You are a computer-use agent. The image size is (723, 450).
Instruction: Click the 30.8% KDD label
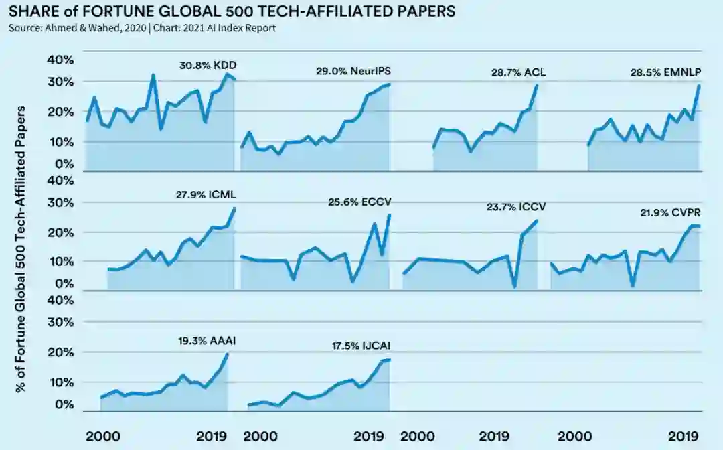coord(208,66)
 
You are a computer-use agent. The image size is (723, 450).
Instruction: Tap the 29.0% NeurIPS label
coord(353,71)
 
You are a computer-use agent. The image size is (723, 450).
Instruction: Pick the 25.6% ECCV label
coord(358,201)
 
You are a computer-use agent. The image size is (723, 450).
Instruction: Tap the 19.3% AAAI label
coord(206,341)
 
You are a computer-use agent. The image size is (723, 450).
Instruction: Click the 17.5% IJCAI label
coord(361,346)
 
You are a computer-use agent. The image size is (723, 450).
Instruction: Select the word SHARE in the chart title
coord(31,11)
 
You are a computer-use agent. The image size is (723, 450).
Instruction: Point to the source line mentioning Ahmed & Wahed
coord(141,28)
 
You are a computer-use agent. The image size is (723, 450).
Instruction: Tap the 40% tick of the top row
coord(60,60)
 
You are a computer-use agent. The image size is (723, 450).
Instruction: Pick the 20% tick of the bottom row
coord(60,352)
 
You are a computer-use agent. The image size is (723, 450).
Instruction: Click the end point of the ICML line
coord(235,208)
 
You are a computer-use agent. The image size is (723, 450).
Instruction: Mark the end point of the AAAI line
coord(227,354)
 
